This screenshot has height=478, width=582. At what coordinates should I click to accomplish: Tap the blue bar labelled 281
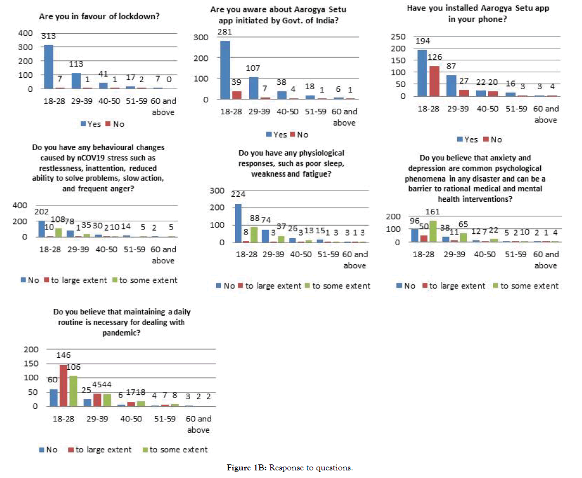224,70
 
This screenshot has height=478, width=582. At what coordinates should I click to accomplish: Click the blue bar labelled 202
41,229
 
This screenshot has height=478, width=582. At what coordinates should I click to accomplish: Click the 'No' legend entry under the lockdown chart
115,124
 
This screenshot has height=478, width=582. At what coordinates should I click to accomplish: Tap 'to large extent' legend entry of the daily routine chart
99,450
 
